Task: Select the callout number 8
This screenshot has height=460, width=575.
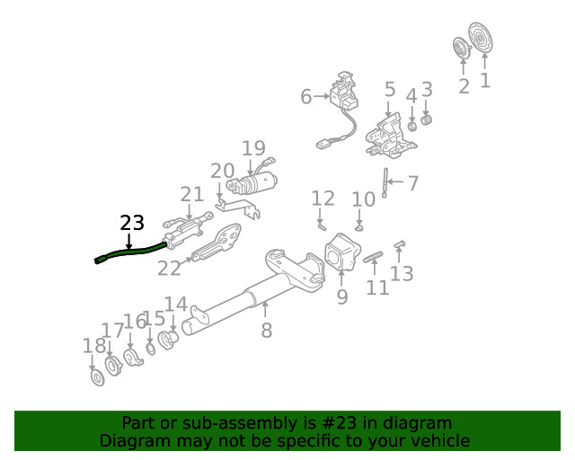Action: click(x=266, y=331)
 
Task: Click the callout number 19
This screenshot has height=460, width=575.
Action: click(x=253, y=148)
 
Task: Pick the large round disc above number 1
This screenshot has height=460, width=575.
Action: click(x=482, y=40)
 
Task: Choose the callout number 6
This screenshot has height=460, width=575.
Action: click(x=305, y=96)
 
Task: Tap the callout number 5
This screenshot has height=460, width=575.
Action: click(x=390, y=90)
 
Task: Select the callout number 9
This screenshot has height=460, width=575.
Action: click(x=342, y=296)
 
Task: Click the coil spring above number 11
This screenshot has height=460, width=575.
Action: click(x=374, y=260)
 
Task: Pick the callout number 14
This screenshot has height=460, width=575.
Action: click(x=175, y=305)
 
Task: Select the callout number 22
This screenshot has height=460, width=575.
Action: click(x=169, y=267)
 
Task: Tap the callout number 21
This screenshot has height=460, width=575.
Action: click(x=192, y=194)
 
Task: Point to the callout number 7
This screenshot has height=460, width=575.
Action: click(x=412, y=184)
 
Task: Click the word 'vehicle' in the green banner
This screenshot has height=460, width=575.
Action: click(x=439, y=440)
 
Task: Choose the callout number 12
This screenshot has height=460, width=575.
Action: click(x=323, y=199)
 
